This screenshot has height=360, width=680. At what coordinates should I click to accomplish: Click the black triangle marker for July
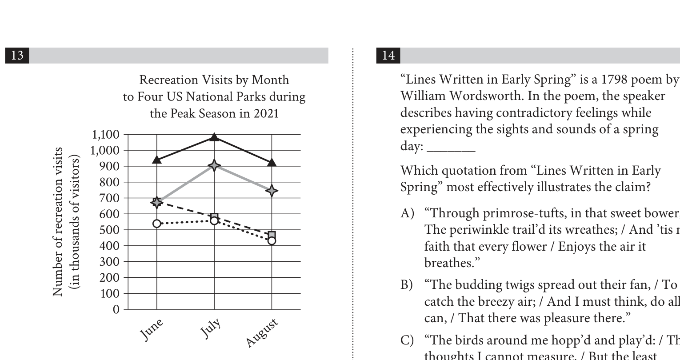point(214,137)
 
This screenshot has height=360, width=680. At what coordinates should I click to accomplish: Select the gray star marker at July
point(214,166)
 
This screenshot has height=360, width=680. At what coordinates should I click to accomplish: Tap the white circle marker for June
point(156,223)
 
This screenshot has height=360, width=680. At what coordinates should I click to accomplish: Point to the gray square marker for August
point(272,235)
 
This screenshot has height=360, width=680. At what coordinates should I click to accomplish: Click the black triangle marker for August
point(272,162)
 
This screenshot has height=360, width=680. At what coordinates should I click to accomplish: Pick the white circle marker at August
point(272,241)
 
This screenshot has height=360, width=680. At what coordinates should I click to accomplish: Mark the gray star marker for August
point(272,191)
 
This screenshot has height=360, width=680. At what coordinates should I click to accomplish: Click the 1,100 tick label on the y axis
point(105,134)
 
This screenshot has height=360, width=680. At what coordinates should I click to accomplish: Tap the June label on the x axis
point(152,329)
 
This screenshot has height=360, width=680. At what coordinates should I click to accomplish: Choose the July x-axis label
point(210,329)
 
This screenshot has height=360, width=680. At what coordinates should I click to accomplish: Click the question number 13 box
point(17,55)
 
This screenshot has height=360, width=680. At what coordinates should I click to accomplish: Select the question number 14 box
point(388,55)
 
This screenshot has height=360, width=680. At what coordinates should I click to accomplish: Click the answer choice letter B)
point(407,284)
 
